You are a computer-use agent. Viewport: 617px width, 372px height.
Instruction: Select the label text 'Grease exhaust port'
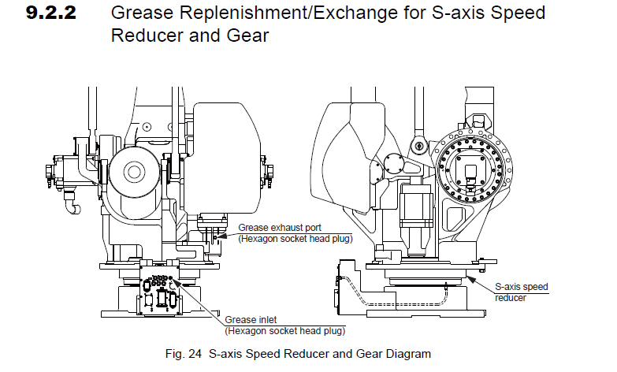coord(273,229)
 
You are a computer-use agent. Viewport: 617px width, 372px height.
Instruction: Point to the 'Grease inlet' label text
coord(251,320)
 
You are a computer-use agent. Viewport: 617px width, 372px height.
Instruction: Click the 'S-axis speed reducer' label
coord(521,292)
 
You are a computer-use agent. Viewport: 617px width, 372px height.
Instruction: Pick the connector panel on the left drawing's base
coord(159,296)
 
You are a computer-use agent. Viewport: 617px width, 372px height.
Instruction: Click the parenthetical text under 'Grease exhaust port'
coord(295,239)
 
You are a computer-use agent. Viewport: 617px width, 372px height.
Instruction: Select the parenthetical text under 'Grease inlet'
coord(286,330)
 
